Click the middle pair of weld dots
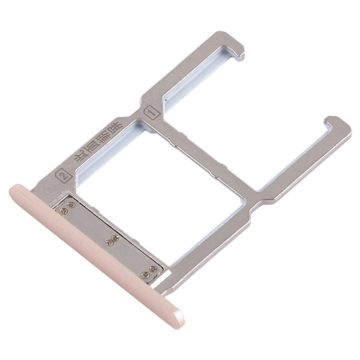(114, 237)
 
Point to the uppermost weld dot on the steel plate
(72, 204)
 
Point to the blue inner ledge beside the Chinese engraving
(103, 158)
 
